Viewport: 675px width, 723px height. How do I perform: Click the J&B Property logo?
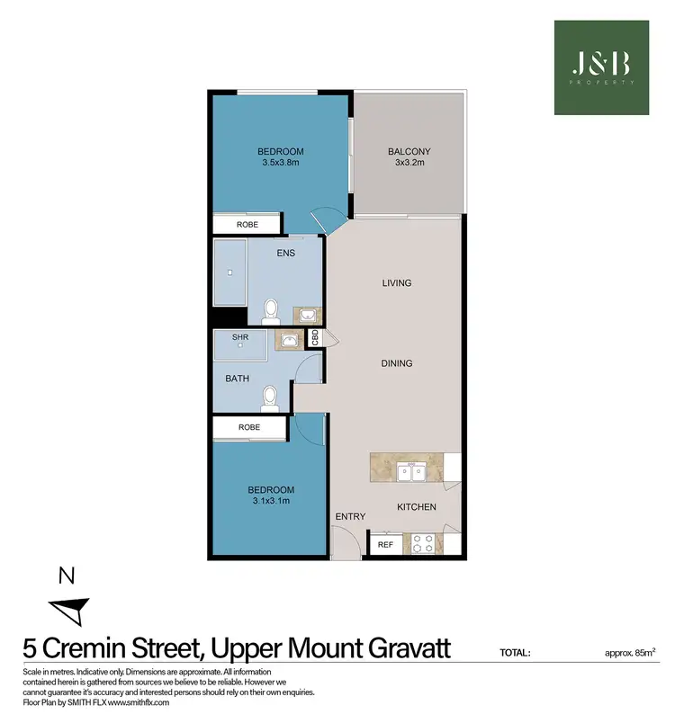pyautogui.click(x=600, y=67)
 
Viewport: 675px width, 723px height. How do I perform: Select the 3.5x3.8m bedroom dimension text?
pyautogui.click(x=280, y=163)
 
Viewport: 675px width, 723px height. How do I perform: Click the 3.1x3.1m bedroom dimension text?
pyautogui.click(x=268, y=502)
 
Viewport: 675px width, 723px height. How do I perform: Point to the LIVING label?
pyautogui.click(x=396, y=282)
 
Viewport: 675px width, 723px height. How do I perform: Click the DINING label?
pyautogui.click(x=396, y=363)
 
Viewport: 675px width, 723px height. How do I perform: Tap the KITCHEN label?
pyautogui.click(x=417, y=507)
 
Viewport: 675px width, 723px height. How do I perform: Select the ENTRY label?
pyautogui.click(x=349, y=516)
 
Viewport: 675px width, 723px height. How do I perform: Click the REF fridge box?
pyautogui.click(x=385, y=544)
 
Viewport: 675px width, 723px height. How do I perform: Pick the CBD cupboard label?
pyautogui.click(x=316, y=338)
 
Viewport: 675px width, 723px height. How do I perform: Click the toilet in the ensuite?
pyautogui.click(x=268, y=312)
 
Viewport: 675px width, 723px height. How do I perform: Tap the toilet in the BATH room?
pyautogui.click(x=267, y=396)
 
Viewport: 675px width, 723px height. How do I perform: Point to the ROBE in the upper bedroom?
pyautogui.click(x=247, y=223)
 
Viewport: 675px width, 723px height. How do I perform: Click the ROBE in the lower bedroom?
pyautogui.click(x=248, y=427)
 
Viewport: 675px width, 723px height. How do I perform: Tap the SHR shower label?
pyautogui.click(x=240, y=337)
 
